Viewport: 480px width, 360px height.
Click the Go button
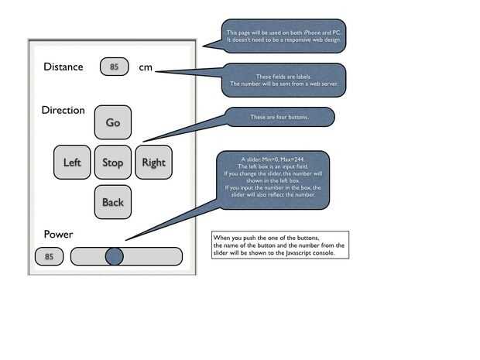pyautogui.click(x=113, y=122)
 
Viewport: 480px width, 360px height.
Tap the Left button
pyautogui.click(x=72, y=163)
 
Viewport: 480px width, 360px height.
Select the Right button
pyautogui.click(x=153, y=163)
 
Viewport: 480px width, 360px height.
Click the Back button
pyautogui.click(x=113, y=202)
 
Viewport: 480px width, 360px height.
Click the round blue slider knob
pyautogui.click(x=114, y=256)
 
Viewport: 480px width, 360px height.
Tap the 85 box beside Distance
pyautogui.click(x=114, y=67)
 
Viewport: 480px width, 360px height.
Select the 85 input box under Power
pyautogui.click(x=49, y=256)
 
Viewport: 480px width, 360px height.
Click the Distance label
pyautogui.click(x=63, y=67)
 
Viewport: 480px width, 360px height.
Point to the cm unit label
pyautogui.click(x=146, y=67)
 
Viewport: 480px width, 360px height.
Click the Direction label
pyautogui.click(x=63, y=110)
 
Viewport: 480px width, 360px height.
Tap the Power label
pyautogui.click(x=58, y=234)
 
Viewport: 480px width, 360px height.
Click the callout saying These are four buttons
pyautogui.click(x=279, y=117)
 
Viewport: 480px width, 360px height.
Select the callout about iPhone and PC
pyautogui.click(x=283, y=36)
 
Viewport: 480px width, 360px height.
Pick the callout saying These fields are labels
pyautogui.click(x=283, y=80)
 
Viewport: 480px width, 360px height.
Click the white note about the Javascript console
pyautogui.click(x=279, y=244)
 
